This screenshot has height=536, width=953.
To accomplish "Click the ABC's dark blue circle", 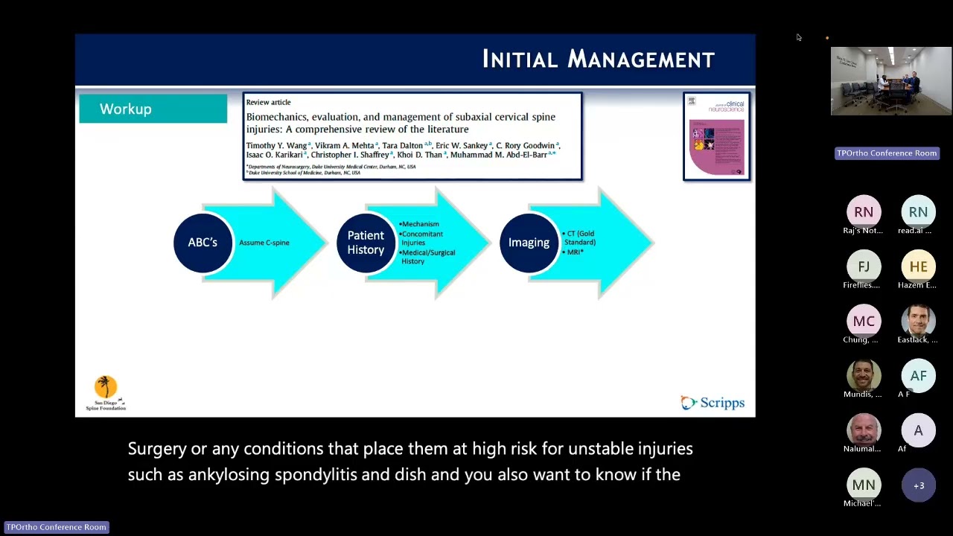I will [x=203, y=243].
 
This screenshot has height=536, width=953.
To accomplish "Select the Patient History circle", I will [x=366, y=243].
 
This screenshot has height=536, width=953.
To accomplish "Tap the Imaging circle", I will [x=529, y=243].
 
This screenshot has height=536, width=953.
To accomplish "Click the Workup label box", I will [x=153, y=109].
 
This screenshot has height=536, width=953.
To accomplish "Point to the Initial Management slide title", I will [x=598, y=60].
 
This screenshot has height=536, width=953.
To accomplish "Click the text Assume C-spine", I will [x=264, y=243].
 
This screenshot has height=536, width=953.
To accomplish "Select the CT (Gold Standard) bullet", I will [x=580, y=238].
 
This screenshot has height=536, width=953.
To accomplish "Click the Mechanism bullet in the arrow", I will [x=420, y=224].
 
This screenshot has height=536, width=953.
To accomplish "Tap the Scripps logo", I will [x=713, y=403].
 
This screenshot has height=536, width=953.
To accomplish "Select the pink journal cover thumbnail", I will [x=716, y=137].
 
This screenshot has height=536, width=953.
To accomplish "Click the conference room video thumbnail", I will [x=890, y=81].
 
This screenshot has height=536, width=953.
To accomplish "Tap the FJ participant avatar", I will [x=864, y=267].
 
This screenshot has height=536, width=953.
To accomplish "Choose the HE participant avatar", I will [x=918, y=267].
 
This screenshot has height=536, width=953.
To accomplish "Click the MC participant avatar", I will [x=864, y=321].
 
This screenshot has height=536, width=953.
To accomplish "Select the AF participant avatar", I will [x=918, y=376].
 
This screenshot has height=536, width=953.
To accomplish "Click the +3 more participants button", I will [x=918, y=485].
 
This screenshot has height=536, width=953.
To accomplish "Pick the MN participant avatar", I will [x=864, y=485].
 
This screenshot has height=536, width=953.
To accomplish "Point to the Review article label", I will [x=268, y=102].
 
